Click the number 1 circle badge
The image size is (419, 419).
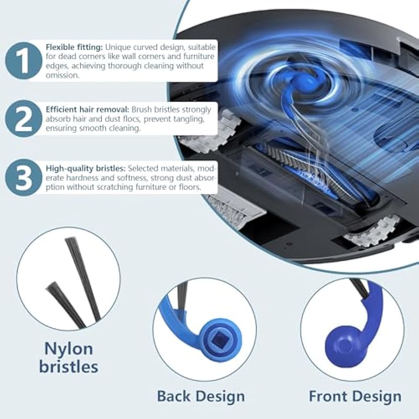(24, 61)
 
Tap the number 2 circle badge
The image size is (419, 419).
(24, 119)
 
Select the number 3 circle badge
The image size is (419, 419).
(24, 178)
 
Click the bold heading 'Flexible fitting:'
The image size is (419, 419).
(74, 47)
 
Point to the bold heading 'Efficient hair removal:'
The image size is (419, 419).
(87, 109)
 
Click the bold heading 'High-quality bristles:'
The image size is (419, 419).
(86, 168)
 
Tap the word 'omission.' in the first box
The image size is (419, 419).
(62, 75)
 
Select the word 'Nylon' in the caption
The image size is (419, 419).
(69, 349)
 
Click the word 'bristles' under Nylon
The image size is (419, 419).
(69, 367)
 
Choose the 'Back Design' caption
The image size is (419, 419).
(201, 396)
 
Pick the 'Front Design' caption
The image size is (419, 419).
(355, 396)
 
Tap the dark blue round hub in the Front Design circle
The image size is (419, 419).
(343, 345)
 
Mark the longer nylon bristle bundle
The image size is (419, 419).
(83, 279)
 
